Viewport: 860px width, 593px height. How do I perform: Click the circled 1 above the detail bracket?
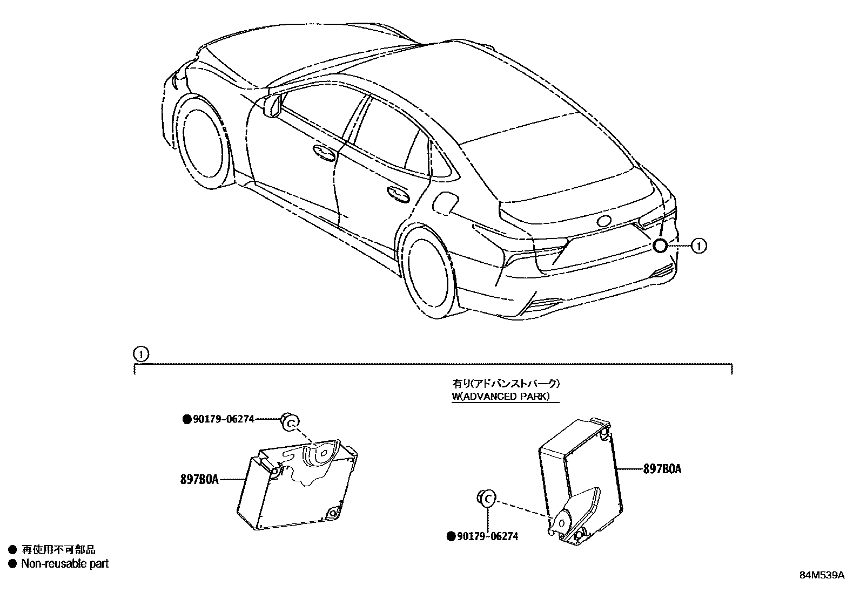coord(140,355)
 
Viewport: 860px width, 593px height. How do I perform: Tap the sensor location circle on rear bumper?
coord(660,246)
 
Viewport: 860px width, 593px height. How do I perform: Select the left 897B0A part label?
coord(200,479)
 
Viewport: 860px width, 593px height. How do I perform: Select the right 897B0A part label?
coord(662,469)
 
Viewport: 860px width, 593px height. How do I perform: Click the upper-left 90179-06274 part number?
coord(219,419)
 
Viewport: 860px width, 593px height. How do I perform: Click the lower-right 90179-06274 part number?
coord(482,536)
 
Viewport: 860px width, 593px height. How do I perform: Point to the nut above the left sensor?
coord(290,422)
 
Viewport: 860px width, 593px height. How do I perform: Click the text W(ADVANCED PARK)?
coord(501,397)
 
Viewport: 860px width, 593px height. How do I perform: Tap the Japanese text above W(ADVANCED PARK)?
coord(506,384)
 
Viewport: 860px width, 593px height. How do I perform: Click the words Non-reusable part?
coord(65,564)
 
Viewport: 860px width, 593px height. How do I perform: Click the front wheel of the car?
coord(200,141)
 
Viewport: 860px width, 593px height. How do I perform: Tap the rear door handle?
coord(398,194)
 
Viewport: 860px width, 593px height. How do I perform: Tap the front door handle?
coord(323,153)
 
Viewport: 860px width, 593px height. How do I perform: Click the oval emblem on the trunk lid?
coord(603,221)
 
